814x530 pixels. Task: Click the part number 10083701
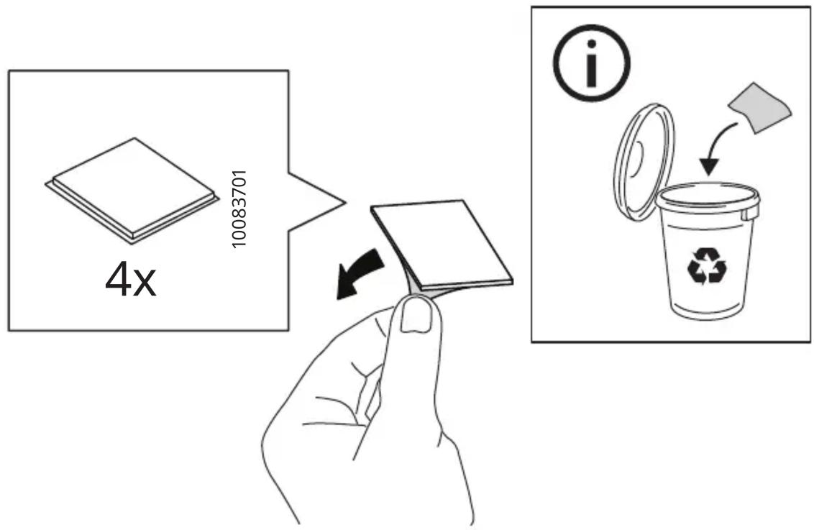(239, 209)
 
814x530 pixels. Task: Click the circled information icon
(591, 63)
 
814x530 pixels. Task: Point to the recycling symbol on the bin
(707, 266)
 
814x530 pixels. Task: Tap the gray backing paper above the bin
(760, 107)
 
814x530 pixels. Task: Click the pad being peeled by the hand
(442, 244)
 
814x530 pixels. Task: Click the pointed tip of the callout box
(344, 201)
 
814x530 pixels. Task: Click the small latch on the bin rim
(747, 214)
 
